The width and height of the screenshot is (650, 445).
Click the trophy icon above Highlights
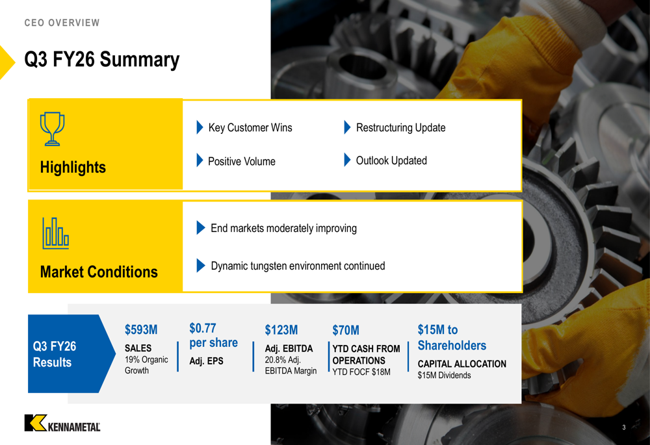point(52,129)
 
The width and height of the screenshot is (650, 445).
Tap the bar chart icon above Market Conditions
point(55,233)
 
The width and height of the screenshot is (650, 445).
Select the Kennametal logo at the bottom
point(62,423)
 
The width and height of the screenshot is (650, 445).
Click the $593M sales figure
point(141,330)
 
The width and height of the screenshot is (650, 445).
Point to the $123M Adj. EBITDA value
point(281,330)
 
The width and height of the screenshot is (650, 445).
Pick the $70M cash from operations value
point(346,330)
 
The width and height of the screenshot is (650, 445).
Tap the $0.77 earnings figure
point(203,328)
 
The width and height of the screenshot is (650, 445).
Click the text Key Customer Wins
point(250,127)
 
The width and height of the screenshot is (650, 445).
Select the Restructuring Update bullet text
point(401,127)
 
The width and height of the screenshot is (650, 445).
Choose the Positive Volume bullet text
point(242,161)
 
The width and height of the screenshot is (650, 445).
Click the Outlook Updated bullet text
point(391,160)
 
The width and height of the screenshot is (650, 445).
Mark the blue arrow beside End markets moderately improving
point(201,227)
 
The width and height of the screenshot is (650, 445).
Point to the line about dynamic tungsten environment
point(298,266)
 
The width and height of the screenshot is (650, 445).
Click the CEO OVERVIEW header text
point(62,23)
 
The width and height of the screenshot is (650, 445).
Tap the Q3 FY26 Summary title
point(102,59)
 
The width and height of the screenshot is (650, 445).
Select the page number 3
point(624,427)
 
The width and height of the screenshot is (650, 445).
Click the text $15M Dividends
point(445,375)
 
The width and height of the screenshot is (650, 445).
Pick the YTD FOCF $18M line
point(361,372)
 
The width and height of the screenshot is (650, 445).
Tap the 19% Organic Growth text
point(146,365)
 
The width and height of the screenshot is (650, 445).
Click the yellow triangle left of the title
point(6,62)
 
